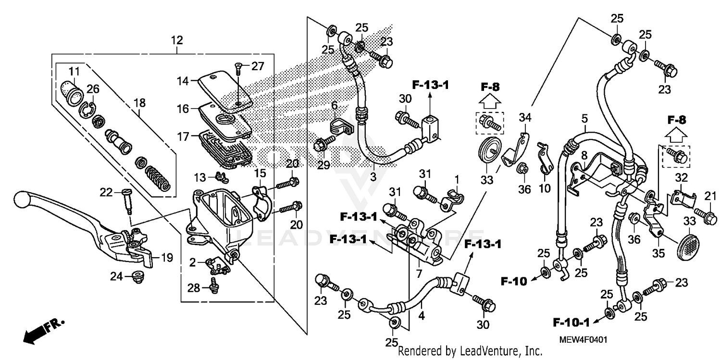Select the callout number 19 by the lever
pos(167,258)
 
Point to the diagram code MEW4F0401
pos(583,340)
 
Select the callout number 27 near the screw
pos(258,66)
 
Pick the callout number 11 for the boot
pos(74,72)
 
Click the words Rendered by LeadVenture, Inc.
pos(470,351)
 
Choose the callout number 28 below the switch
pos(193,287)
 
